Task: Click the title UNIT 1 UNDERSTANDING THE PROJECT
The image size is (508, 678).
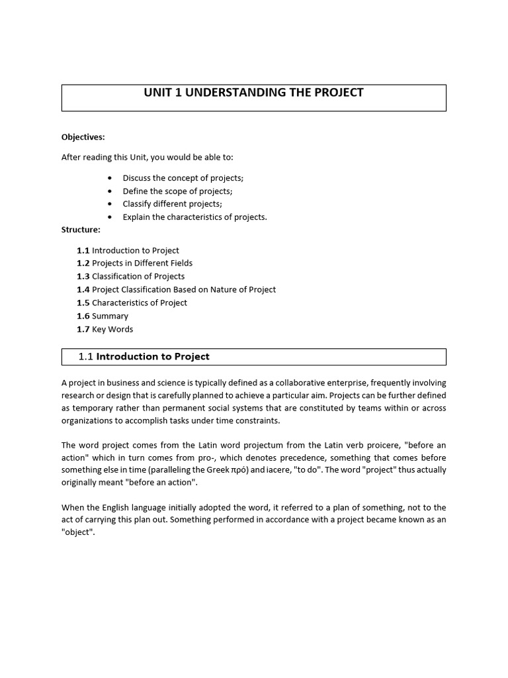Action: pyautogui.click(x=253, y=93)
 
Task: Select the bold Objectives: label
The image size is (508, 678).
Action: pyautogui.click(x=83, y=137)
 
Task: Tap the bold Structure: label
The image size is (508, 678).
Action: pyautogui.click(x=81, y=230)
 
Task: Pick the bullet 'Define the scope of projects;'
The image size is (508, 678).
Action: pyautogui.click(x=177, y=191)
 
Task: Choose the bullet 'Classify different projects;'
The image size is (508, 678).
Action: pyautogui.click(x=172, y=204)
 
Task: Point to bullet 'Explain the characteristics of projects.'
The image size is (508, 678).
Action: pyautogui.click(x=194, y=217)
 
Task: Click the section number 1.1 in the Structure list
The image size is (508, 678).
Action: pyautogui.click(x=83, y=250)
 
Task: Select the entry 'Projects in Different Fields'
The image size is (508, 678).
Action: pyautogui.click(x=142, y=264)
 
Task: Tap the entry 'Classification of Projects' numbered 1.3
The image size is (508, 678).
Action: pyautogui.click(x=138, y=276)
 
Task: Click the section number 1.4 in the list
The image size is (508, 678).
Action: pyautogui.click(x=83, y=289)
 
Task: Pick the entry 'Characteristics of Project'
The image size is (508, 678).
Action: pyautogui.click(x=140, y=303)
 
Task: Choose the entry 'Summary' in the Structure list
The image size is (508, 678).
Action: pyautogui.click(x=110, y=316)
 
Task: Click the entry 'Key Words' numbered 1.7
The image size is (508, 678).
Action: pyautogui.click(x=112, y=329)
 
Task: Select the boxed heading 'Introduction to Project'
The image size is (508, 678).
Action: pyautogui.click(x=153, y=357)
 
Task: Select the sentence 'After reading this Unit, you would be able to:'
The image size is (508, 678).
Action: pyautogui.click(x=148, y=158)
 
